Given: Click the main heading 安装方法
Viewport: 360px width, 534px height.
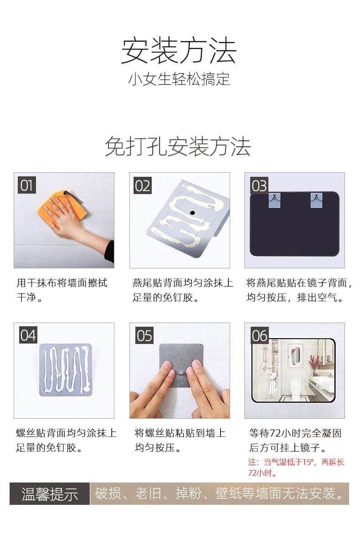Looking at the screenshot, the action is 179,51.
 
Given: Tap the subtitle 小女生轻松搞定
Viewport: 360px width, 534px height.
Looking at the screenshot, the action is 179,79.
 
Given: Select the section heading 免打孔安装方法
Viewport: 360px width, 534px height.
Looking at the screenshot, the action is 178,146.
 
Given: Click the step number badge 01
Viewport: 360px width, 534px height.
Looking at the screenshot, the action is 27,185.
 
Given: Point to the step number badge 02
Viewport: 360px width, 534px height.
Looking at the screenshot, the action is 142,186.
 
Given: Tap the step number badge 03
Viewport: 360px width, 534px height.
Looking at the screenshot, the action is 259,185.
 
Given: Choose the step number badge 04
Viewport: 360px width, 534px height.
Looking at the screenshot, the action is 28,335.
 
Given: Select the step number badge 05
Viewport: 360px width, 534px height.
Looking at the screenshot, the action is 144,335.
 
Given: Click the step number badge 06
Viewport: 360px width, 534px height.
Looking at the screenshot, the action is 260,335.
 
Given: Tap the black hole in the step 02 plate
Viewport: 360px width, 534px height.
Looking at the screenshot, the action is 192,213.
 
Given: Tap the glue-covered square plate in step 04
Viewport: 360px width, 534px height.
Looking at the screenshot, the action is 66,370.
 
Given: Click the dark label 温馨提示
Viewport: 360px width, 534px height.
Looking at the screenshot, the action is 50,493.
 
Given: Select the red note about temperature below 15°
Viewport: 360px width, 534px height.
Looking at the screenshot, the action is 296,467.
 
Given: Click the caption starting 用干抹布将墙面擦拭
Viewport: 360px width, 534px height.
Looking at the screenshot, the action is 62,290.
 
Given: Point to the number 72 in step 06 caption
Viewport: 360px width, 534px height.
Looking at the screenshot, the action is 274,433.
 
